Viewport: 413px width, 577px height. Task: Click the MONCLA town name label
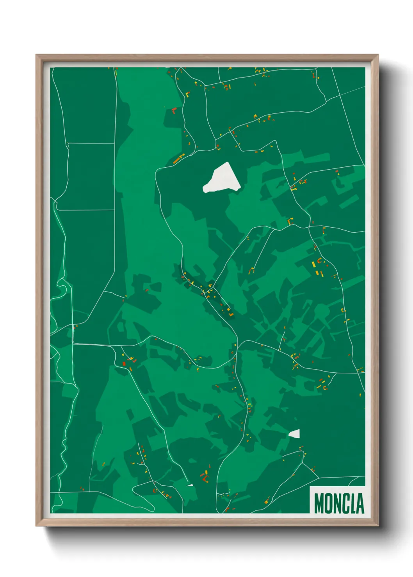click(x=338, y=503)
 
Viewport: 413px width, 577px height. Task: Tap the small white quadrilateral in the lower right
click(x=295, y=434)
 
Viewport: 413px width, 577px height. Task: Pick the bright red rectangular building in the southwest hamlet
click(x=124, y=364)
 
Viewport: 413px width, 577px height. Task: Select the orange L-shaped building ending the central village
click(x=231, y=313)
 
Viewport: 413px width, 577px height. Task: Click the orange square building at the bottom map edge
click(x=227, y=510)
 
